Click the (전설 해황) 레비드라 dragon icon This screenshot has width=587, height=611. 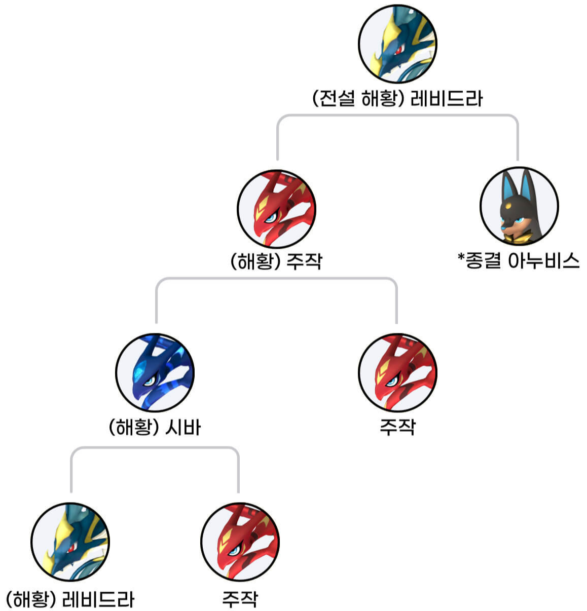tap(397, 44)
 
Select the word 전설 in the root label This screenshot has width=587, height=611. tap(337, 98)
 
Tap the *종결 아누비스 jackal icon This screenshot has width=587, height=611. tap(519, 206)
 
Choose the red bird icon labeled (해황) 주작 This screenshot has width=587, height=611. tap(277, 209)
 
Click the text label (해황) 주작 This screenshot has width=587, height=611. tap(276, 261)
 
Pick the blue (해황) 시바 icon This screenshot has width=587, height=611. tap(155, 372)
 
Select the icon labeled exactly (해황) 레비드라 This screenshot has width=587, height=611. tap(70, 542)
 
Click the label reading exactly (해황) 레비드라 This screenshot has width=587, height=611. tap(70, 599)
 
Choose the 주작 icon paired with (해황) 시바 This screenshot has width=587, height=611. tap(397, 372)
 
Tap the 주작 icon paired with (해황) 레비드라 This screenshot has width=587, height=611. tap(240, 542)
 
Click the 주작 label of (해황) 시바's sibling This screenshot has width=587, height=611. tap(397, 427)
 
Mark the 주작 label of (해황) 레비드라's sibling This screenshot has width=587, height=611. tap(240, 599)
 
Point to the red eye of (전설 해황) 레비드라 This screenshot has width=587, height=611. tap(399, 49)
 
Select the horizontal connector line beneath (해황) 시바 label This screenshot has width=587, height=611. tap(155, 448)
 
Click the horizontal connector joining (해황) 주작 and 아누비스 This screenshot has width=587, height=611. tap(397, 116)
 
